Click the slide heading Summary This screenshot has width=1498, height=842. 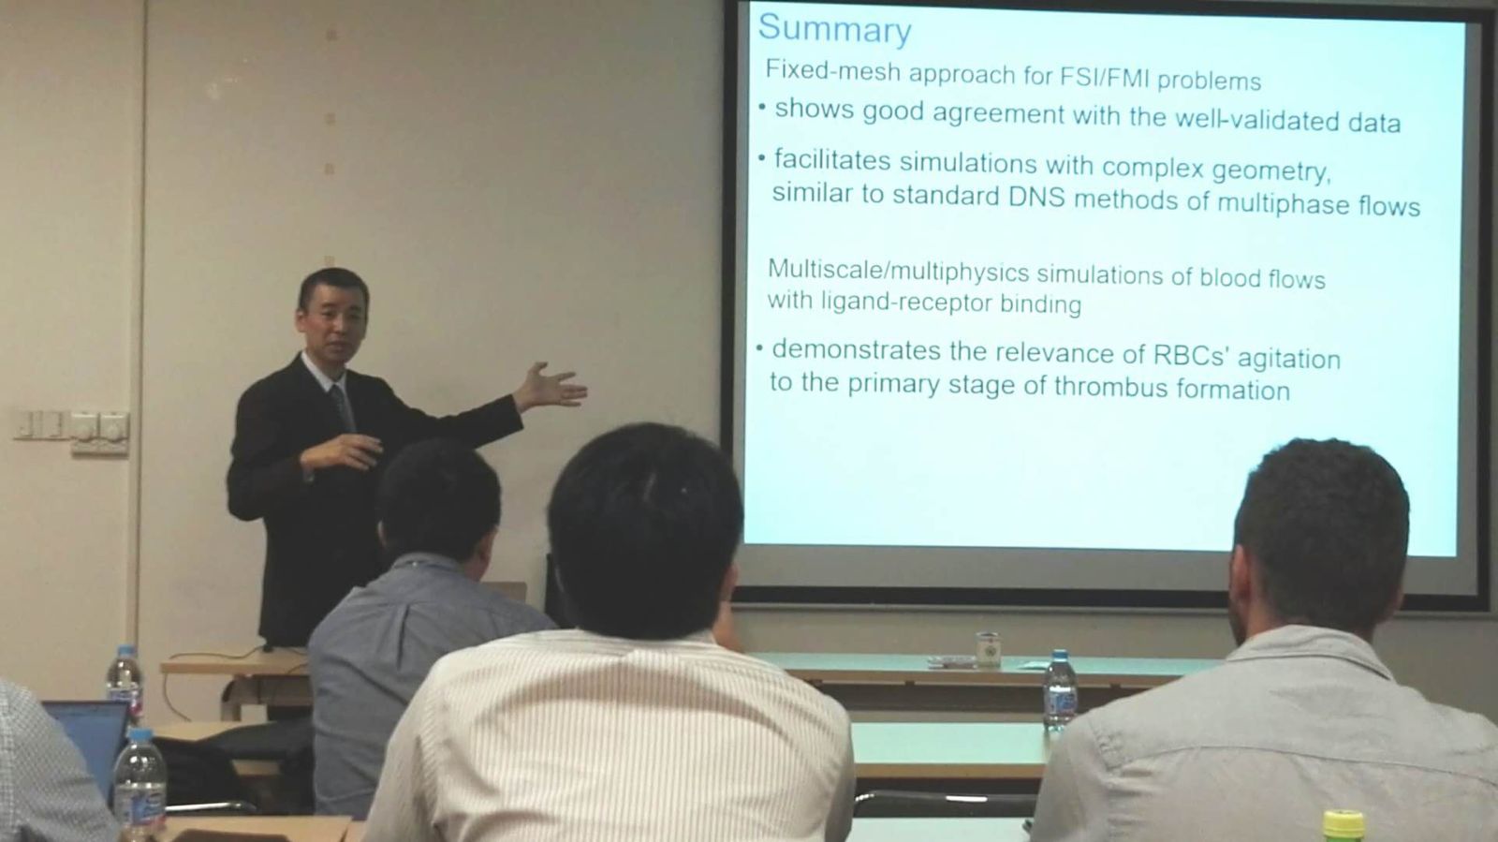834,29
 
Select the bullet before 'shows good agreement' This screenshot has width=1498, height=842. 762,106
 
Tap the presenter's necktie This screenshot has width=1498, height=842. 341,406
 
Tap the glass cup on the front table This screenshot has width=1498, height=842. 988,649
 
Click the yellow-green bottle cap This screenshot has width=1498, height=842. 1343,824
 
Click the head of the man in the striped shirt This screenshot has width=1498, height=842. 644,528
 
